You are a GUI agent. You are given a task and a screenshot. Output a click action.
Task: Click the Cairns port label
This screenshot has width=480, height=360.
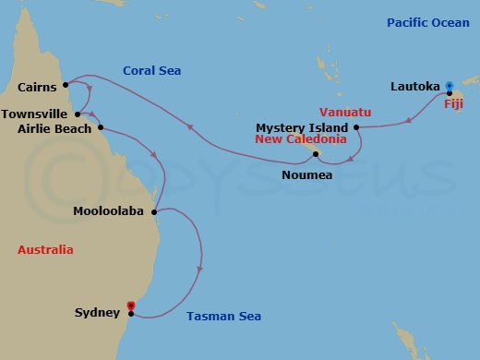pyautogui.click(x=37, y=88)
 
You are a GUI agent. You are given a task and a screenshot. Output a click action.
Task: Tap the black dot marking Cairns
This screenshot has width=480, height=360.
pyautogui.click(x=66, y=88)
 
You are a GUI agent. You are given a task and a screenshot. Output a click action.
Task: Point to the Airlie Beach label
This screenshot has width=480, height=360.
pyautogui.click(x=54, y=128)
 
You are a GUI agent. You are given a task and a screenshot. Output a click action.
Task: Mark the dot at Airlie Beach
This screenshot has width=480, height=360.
pyautogui.click(x=100, y=128)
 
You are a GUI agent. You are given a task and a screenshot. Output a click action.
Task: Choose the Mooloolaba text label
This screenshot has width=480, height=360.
pyautogui.click(x=109, y=211)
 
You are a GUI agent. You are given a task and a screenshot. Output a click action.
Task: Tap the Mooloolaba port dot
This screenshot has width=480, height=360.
pyautogui.click(x=152, y=211)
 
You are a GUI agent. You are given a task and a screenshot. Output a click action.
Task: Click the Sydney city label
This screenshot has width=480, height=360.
pyautogui.click(x=97, y=312)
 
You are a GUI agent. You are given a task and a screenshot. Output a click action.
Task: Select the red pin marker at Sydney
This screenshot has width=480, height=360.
pyautogui.click(x=130, y=307)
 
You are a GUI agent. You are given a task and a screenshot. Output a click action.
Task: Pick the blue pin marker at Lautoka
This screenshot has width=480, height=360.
pyautogui.click(x=449, y=82)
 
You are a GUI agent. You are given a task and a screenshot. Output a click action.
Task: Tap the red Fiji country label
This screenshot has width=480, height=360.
pyautogui.click(x=453, y=103)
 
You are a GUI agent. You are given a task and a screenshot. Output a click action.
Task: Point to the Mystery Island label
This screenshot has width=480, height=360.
pyautogui.click(x=302, y=127)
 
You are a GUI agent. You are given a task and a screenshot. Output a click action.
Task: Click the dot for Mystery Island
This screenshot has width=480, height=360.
pyautogui.click(x=356, y=127)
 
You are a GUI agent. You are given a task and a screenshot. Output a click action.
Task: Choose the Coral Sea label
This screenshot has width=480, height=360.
pyautogui.click(x=151, y=70)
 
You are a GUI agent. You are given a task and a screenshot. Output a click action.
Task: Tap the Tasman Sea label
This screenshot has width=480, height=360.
pyautogui.click(x=223, y=317)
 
